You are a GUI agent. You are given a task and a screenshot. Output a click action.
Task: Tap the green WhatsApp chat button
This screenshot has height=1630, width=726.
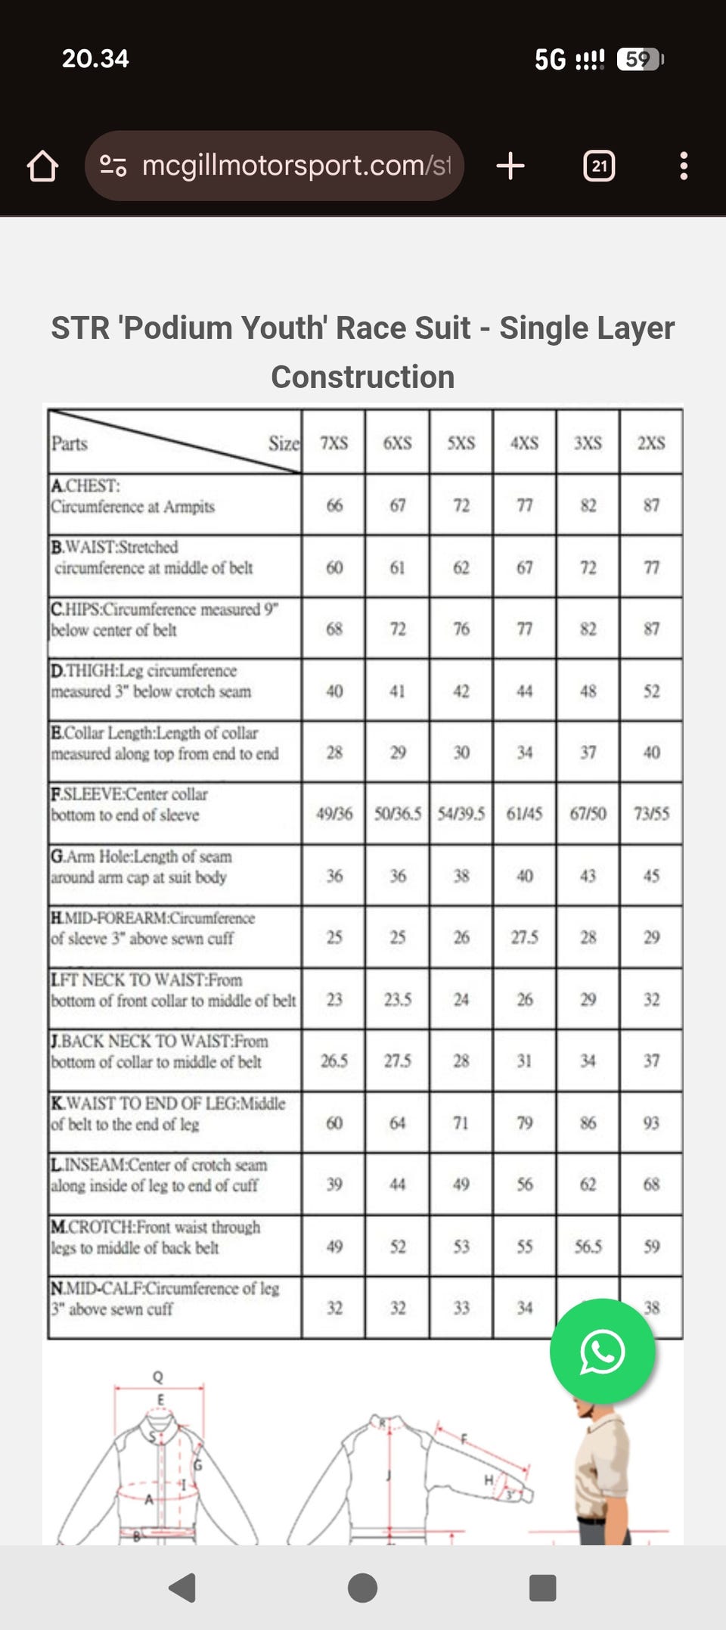coord(602,1352)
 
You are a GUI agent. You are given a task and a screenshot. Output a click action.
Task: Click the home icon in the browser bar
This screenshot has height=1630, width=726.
coord(42,166)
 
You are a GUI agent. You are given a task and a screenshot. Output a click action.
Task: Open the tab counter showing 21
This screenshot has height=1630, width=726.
coord(599,166)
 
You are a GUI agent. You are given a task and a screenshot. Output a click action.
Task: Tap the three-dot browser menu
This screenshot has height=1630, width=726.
coord(684,166)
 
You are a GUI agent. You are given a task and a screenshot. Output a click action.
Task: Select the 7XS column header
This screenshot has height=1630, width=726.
coord(334,443)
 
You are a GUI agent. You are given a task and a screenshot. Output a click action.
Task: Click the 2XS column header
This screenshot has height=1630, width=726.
coord(651,443)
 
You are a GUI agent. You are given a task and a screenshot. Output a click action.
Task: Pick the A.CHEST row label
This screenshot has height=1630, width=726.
coord(133,496)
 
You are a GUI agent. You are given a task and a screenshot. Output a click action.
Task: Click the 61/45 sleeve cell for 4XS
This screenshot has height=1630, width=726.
coord(525,814)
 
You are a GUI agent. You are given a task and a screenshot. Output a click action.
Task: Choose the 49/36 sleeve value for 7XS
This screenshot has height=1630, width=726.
coord(334,814)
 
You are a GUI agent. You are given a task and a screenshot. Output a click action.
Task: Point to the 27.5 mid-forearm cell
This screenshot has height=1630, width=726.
coord(525,937)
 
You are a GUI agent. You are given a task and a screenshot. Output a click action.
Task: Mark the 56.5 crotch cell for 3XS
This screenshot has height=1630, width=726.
coord(588,1246)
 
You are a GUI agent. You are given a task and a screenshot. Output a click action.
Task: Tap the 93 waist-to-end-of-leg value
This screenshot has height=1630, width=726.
coord(651,1122)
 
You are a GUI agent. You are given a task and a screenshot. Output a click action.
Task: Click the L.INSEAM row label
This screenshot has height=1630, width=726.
coord(159,1175)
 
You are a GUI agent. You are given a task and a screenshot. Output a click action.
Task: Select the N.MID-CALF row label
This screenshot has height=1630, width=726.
coord(165,1298)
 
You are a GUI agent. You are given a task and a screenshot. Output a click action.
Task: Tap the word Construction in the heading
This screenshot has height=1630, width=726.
coord(363,377)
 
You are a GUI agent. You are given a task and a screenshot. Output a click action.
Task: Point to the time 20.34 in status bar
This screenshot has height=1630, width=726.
coord(95,58)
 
